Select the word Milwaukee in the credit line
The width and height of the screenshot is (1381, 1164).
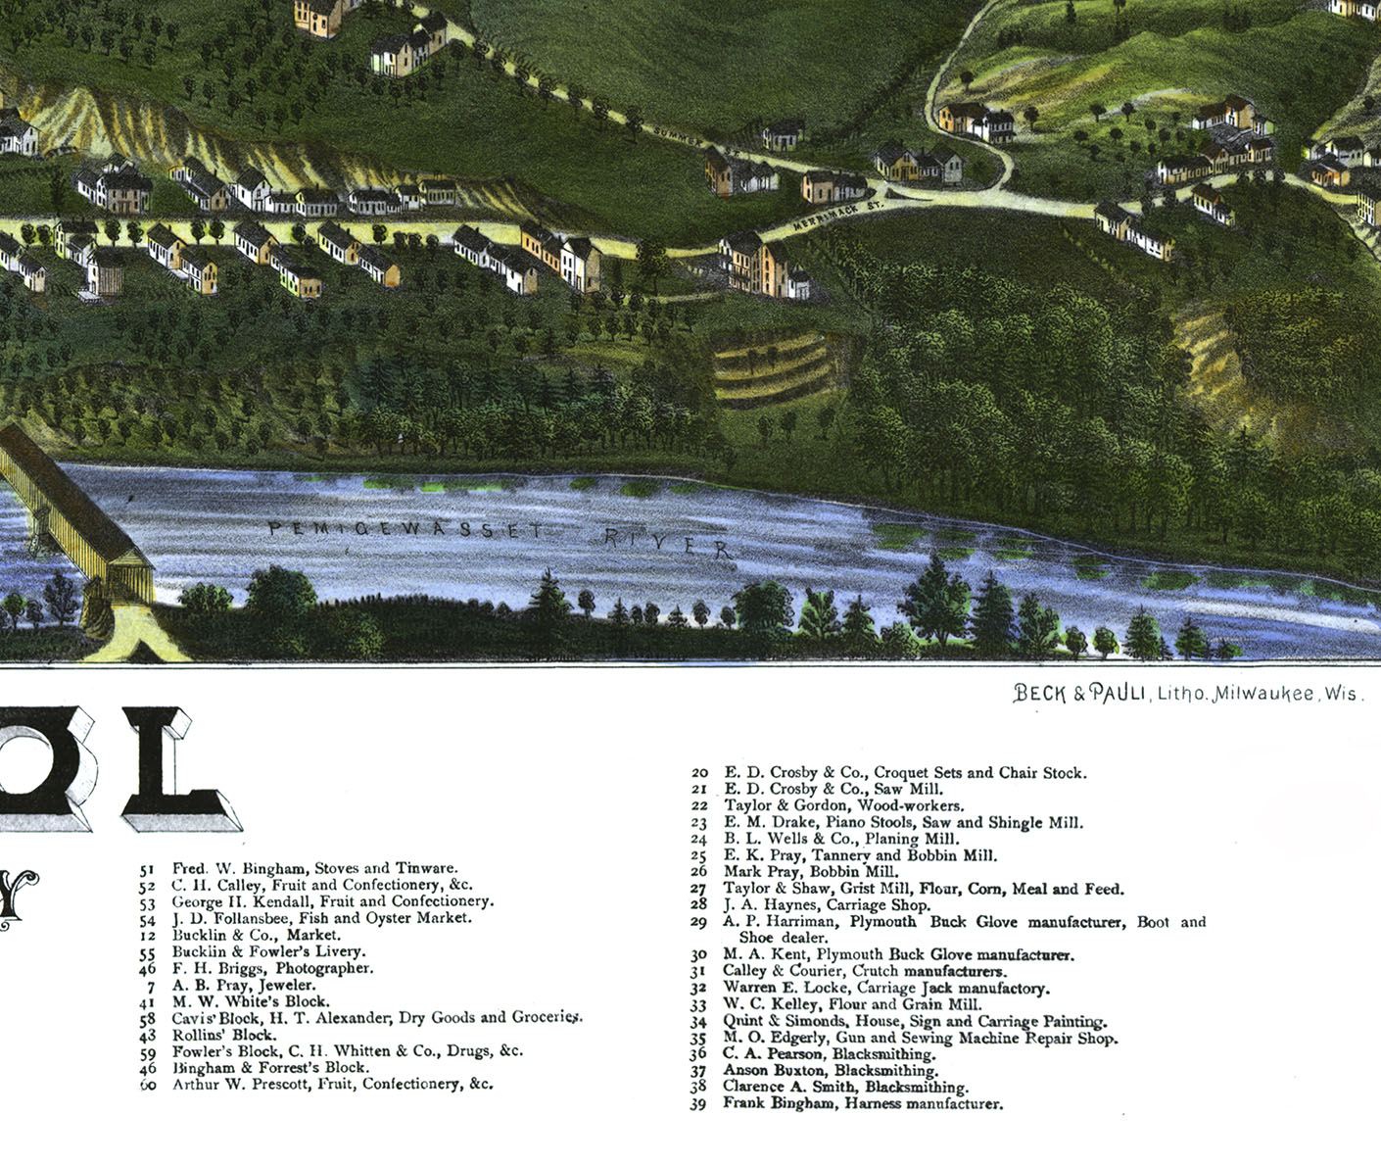coord(1263,694)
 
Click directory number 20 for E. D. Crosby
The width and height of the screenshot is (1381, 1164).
coord(699,773)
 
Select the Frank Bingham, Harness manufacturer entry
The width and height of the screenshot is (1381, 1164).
coord(863,1104)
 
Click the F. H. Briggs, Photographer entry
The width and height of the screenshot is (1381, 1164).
coord(272,968)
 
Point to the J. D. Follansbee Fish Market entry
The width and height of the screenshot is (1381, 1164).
coord(321,918)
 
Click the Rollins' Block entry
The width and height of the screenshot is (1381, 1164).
coord(224,1035)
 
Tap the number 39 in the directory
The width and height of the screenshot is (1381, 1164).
coord(698,1104)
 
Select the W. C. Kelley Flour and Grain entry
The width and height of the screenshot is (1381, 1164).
coord(852,1004)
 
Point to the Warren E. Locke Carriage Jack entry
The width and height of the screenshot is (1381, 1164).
coord(885,988)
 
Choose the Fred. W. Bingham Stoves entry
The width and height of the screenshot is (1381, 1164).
coord(314,868)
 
